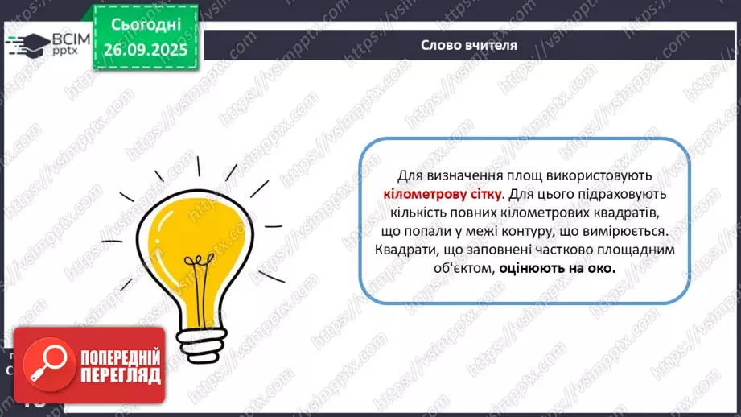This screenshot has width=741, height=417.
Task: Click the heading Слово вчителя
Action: point(469,45)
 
